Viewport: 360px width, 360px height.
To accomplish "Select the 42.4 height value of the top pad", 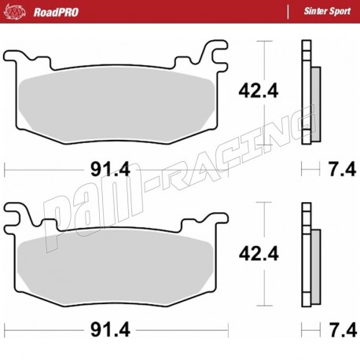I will coord(253,91).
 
